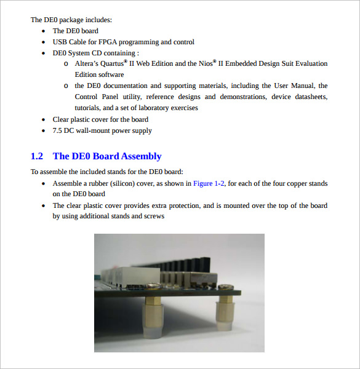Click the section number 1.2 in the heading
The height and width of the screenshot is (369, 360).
point(37,156)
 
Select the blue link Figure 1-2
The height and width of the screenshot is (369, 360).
point(209,183)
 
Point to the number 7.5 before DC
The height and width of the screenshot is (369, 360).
point(58,130)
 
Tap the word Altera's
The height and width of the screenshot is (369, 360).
point(89,64)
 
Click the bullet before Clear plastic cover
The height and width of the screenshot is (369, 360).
point(42,120)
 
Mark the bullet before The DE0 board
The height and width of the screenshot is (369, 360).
point(42,31)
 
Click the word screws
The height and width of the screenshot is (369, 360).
point(153,216)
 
